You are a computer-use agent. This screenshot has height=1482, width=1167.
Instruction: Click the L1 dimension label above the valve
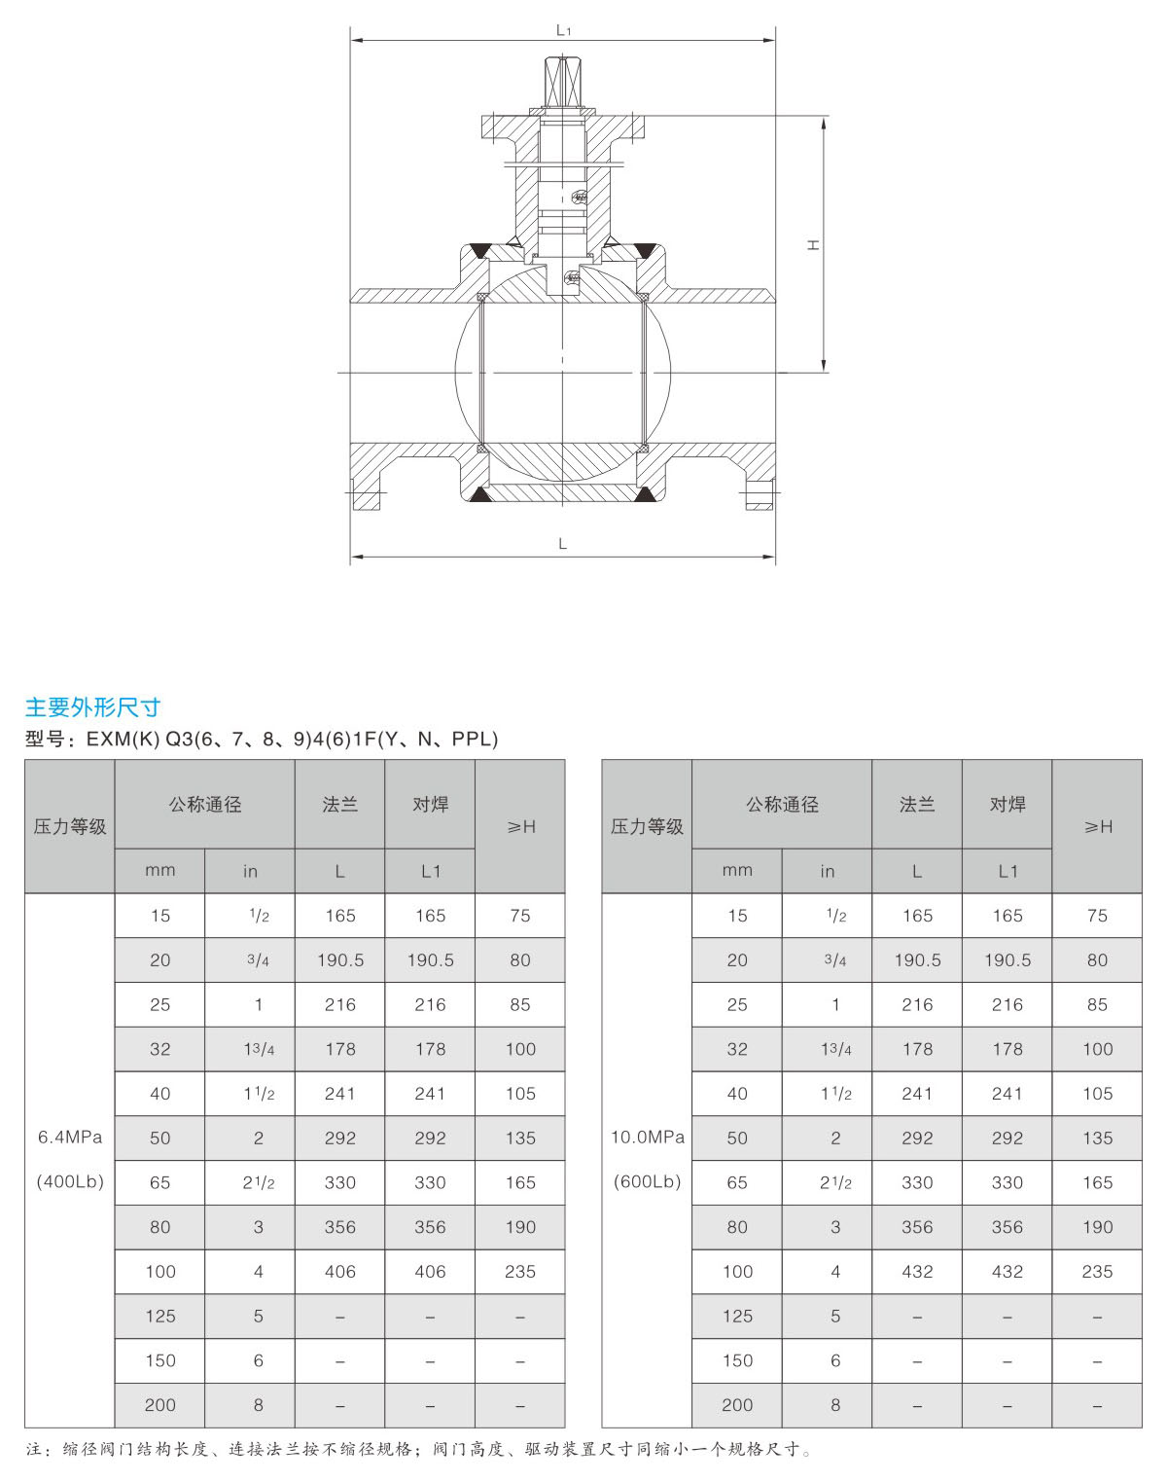pos(563,30)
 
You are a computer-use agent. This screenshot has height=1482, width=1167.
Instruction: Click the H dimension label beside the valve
pos(813,245)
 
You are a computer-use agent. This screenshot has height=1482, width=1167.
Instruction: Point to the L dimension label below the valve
pos(562,544)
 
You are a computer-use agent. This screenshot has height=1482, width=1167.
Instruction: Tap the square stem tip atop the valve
pos(562,82)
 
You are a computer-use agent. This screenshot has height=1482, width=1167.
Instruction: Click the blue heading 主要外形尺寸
pos(92,707)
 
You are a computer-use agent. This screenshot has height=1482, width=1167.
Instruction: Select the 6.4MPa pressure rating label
pos(70,1137)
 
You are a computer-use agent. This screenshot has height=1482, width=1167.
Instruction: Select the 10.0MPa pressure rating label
pos(648,1137)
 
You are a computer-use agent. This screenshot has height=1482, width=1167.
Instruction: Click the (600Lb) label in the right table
pos(648,1181)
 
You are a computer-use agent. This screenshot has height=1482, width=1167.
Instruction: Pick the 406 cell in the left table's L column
pos(340,1271)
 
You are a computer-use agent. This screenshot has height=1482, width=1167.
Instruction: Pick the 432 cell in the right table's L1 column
pos(1008,1271)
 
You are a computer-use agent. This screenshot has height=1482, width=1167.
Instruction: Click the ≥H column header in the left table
pos(520,826)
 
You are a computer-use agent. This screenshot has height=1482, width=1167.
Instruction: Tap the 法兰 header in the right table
pos(917,804)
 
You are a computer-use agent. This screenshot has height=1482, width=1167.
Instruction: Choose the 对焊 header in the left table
pos(430,804)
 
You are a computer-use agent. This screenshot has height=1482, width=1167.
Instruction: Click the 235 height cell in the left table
pos(520,1271)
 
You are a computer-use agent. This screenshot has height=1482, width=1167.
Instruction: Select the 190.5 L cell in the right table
pos(917,959)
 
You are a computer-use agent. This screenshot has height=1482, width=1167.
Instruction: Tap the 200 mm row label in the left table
pos(160,1404)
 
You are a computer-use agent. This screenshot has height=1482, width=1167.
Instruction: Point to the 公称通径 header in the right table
pos(782,804)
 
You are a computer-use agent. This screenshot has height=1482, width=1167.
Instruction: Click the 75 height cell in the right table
pos(1097,916)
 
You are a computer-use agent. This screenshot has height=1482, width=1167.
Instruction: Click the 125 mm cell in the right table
pos(737,1316)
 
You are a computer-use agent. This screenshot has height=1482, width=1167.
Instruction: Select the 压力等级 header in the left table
pos(70,826)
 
